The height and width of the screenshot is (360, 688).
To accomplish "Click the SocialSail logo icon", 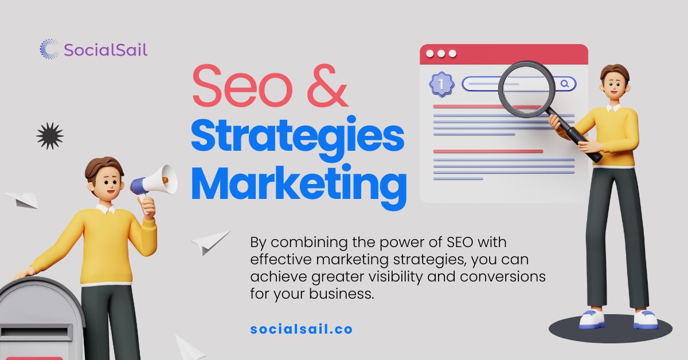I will (49, 49).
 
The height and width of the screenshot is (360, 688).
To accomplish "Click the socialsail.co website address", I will (302, 330).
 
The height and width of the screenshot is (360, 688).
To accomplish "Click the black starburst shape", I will (50, 136).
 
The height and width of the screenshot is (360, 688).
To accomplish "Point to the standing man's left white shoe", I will (592, 319).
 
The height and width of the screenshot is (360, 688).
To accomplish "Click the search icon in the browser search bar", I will (565, 84).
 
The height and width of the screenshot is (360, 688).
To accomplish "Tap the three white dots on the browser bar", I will (441, 54).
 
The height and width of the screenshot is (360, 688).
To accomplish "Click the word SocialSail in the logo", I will (105, 50).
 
